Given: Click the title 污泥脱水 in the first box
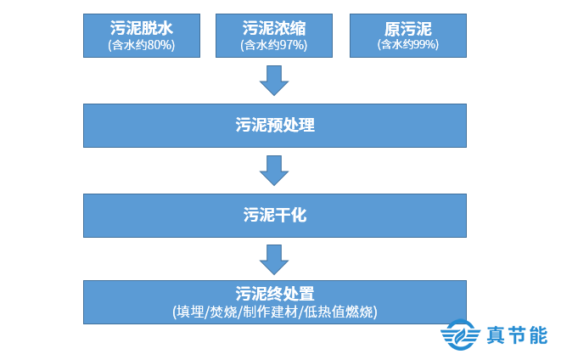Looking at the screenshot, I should pos(142,29).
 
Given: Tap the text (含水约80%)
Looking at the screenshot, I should pos(142,44).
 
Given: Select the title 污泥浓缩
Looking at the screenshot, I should pos(274,29).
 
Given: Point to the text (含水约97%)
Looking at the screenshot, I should pos(274,44).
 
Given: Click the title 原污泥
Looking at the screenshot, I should pos(407,29).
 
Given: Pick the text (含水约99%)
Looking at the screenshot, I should pos(407,44).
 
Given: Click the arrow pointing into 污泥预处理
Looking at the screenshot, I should pos(274,82).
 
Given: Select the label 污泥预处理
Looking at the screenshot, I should pos(274,126).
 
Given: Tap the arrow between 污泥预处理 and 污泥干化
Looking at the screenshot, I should pos(274,171).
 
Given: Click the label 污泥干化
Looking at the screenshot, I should pos(274,216).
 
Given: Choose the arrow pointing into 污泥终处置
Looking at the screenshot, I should pos(274,258).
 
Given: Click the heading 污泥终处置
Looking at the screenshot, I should pos(274,295).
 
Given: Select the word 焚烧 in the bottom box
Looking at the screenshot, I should pos(222,312).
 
